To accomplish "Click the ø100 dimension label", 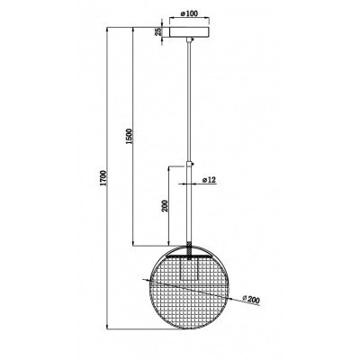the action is pyautogui.click(x=189, y=13).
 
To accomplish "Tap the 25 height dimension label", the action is pyautogui.click(x=157, y=31).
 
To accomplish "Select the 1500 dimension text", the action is pyautogui.click(x=129, y=136).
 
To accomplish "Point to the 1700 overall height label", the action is pyautogui.click(x=103, y=178).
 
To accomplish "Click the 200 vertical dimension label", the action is pyautogui.click(x=165, y=206).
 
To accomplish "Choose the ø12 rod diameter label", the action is pyautogui.click(x=209, y=180).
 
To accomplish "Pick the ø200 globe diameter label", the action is pyautogui.click(x=251, y=300).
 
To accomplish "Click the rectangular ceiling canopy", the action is pyautogui.click(x=189, y=32).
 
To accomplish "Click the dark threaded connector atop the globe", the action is pyautogui.click(x=189, y=250).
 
